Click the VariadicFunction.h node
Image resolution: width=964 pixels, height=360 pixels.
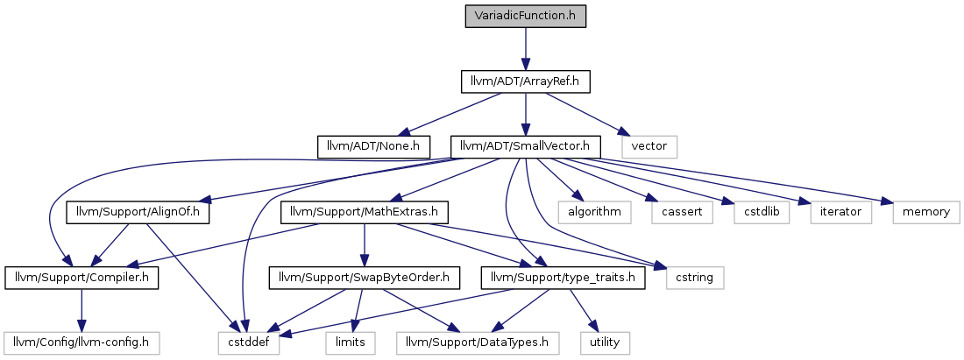coord(525,16)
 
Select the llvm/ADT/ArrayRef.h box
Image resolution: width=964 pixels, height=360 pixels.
coord(526,81)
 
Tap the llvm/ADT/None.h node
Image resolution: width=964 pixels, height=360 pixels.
coord(373,147)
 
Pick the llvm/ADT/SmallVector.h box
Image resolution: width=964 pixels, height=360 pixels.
coord(525,147)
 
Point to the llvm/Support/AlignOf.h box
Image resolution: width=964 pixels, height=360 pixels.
coord(138,213)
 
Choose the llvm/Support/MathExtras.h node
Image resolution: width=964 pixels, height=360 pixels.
coord(365,213)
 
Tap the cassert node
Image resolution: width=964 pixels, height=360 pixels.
coord(682,213)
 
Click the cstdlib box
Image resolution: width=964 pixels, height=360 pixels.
coord(761,213)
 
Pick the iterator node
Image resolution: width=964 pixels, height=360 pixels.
coord(840,213)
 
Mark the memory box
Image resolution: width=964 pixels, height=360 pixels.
coord(925,213)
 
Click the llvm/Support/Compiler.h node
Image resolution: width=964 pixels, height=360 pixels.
coord(82,279)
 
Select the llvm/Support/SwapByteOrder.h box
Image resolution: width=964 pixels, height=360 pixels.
coord(365,279)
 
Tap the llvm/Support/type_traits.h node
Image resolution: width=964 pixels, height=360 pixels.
coord(564,279)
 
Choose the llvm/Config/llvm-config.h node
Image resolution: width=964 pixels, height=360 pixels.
coord(82,342)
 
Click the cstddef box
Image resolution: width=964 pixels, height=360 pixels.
coord(248,342)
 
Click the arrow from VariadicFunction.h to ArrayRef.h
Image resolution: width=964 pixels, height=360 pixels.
coord(525,48)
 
